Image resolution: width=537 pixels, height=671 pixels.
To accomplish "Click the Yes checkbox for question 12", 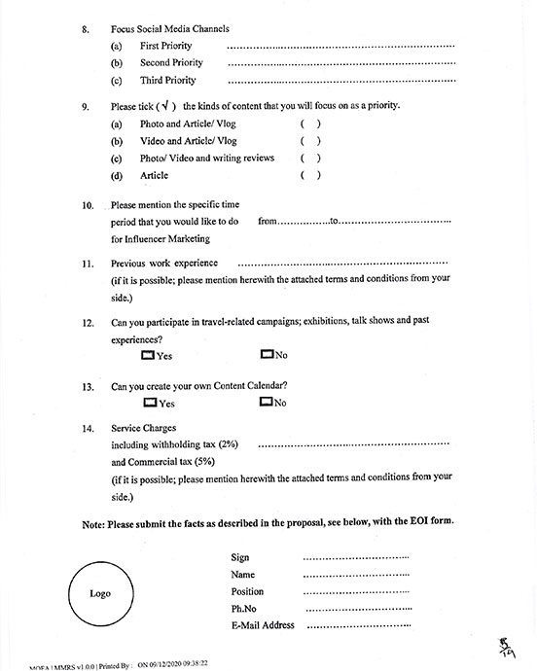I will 148,355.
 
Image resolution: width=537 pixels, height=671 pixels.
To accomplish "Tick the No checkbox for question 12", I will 267,355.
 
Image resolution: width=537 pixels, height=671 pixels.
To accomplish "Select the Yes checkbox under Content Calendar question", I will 150,402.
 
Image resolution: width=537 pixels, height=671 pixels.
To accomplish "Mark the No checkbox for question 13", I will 267,402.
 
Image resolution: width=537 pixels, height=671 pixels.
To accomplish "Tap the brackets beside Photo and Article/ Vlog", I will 310,124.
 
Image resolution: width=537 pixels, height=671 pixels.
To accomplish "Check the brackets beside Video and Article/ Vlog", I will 310,141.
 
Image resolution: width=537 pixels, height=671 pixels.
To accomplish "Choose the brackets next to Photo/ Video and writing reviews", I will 310,159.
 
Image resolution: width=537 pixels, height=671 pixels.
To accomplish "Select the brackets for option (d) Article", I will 310,176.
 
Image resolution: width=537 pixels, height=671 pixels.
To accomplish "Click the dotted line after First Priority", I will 340,47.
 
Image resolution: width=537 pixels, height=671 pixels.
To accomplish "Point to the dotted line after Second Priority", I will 340,64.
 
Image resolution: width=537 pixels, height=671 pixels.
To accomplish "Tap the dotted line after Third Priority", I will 340,82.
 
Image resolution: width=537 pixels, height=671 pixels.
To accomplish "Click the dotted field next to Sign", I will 356,558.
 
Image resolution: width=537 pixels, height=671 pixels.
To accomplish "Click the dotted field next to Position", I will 356,592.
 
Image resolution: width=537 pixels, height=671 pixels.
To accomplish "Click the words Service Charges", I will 147,428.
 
